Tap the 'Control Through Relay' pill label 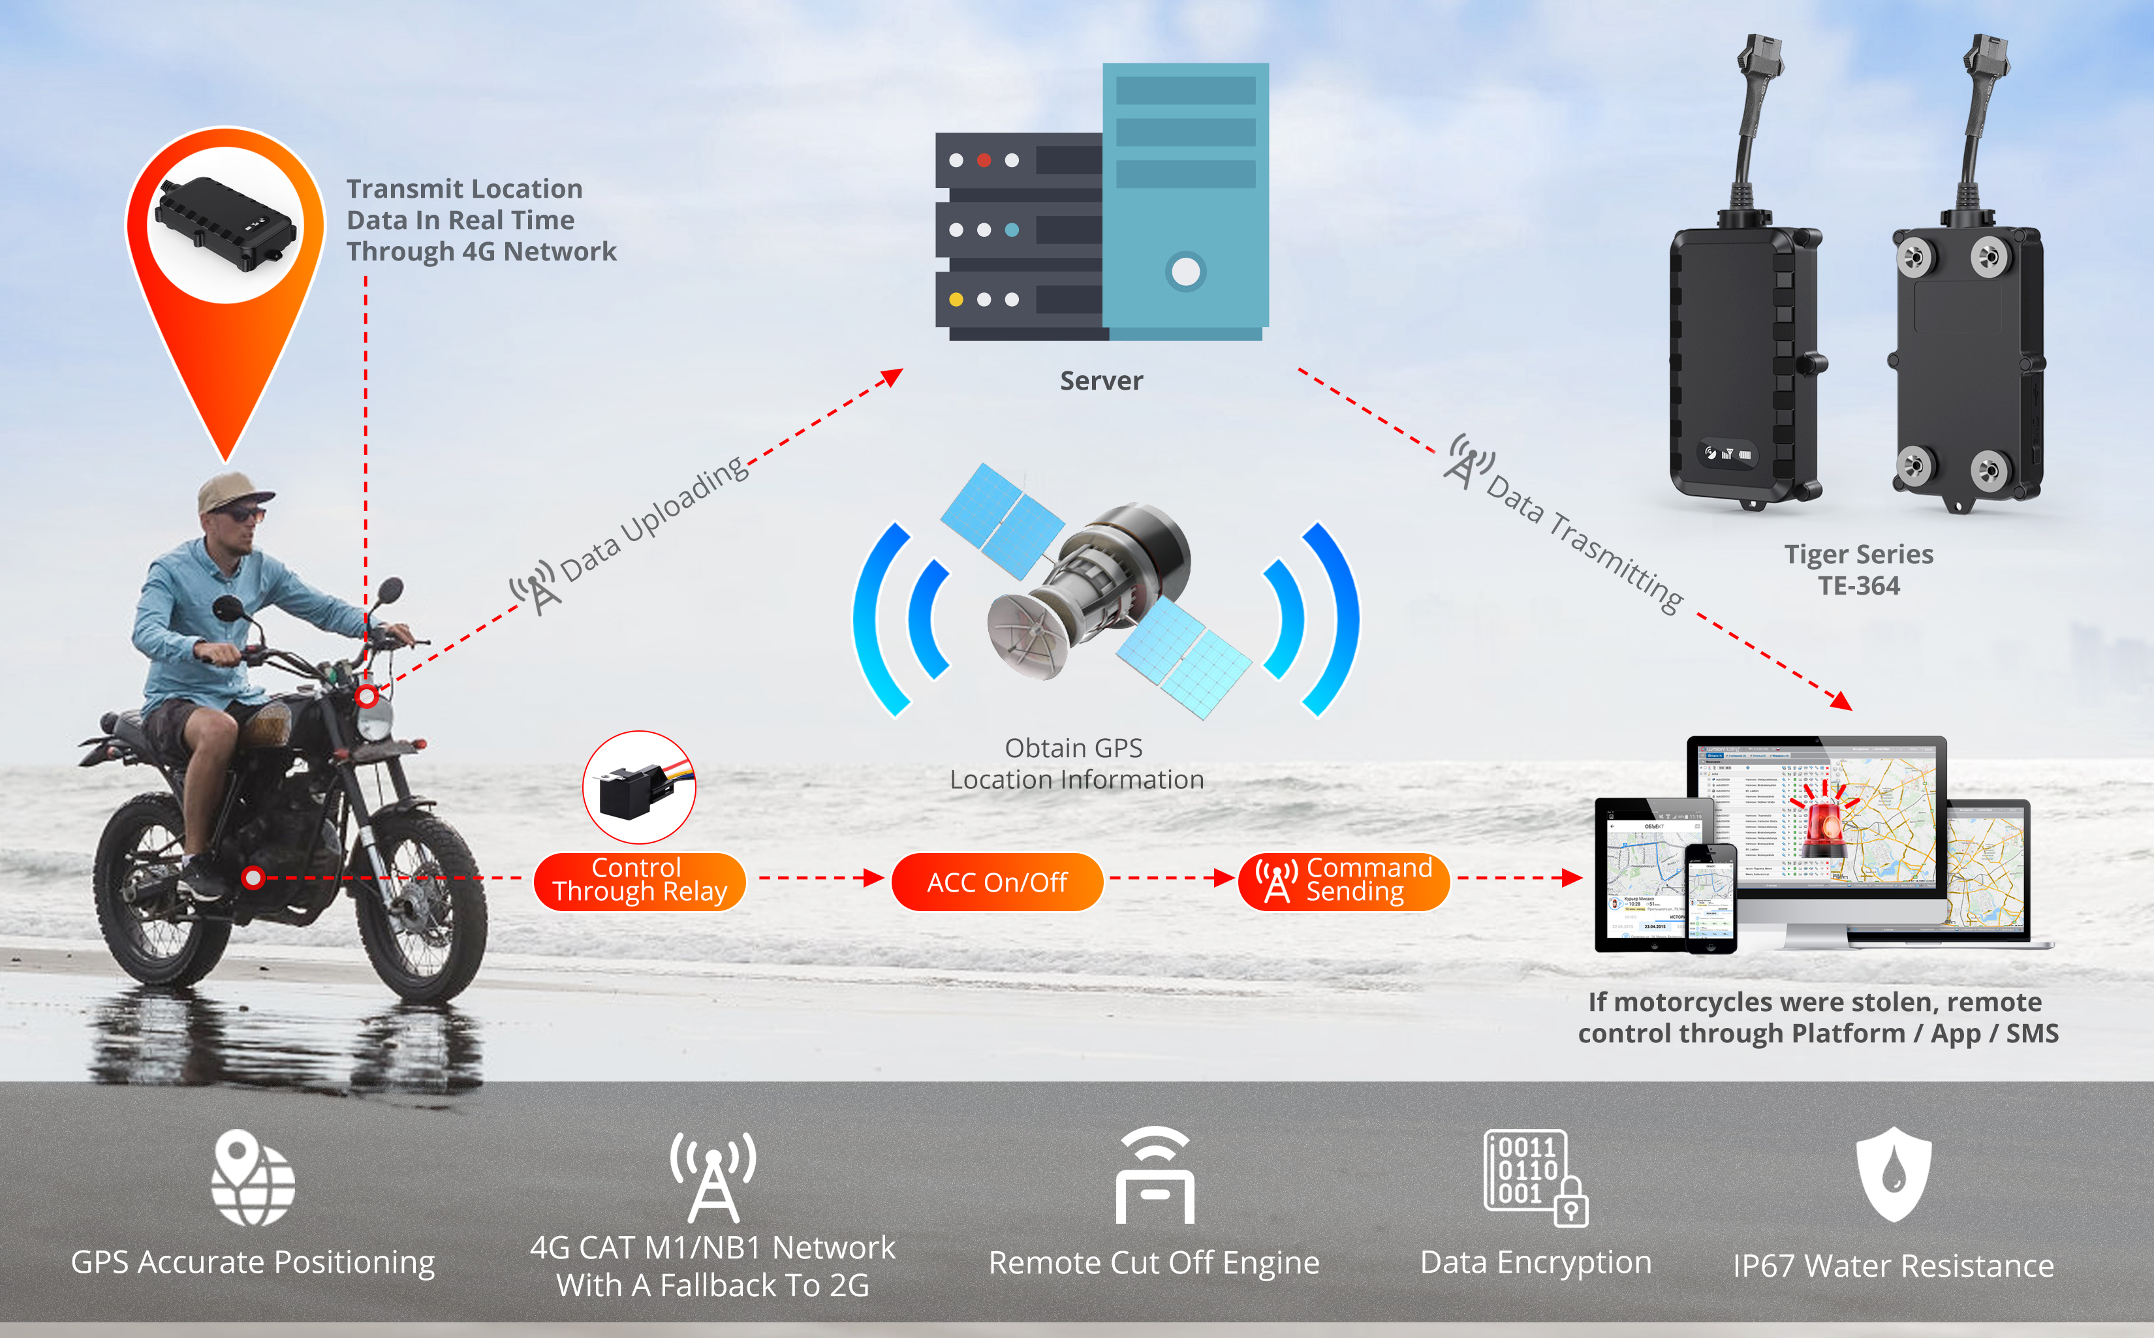pos(639,880)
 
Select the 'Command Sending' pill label pos(1343,880)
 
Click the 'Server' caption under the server pos(1101,381)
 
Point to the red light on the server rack pos(983,160)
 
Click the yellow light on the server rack pos(956,299)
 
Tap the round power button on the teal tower pos(1185,272)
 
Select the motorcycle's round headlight pos(375,723)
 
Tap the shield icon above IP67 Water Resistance pos(1893,1174)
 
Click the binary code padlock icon pos(1535,1177)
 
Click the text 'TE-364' pos(1858,586)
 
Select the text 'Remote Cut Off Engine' pos(1153,1263)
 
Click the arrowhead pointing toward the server pos(892,378)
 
